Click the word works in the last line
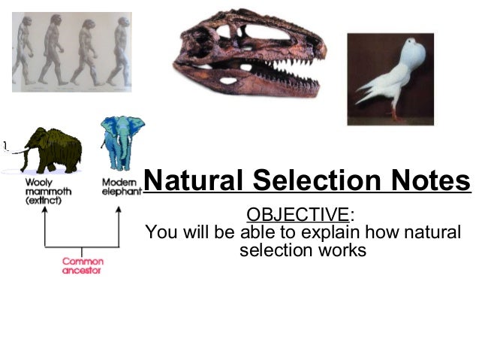click(x=341, y=250)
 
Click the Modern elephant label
click(x=121, y=187)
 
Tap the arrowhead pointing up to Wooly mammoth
click(x=46, y=210)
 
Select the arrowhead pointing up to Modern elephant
click(x=118, y=210)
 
